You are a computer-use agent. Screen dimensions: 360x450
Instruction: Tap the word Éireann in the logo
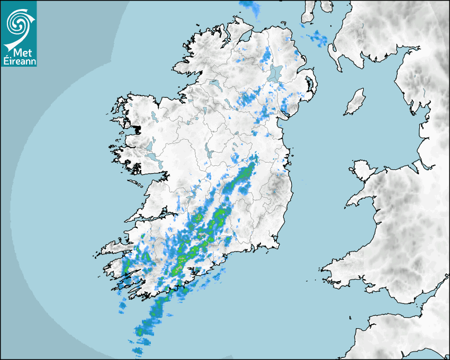tap(19, 61)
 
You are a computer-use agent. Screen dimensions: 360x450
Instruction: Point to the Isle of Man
tap(355, 102)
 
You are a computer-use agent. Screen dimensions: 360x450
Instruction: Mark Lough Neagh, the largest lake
tap(275, 73)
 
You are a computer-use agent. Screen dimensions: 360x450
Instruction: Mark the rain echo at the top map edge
tap(250, 6)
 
